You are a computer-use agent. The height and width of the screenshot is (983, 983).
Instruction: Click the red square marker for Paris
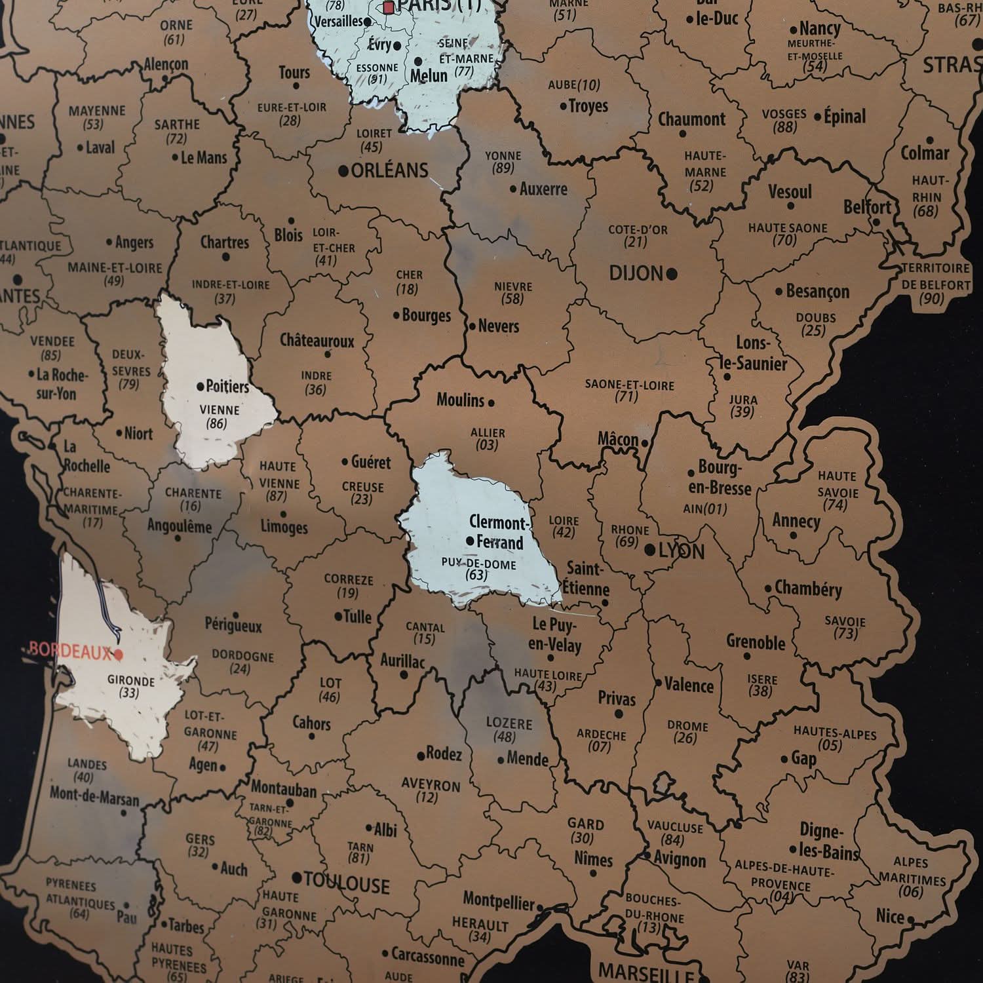(389, 8)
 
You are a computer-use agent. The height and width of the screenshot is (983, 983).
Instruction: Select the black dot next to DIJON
(671, 274)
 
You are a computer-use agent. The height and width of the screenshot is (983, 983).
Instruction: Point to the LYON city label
(682, 551)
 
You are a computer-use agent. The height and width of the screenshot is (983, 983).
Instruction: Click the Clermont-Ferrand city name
(498, 532)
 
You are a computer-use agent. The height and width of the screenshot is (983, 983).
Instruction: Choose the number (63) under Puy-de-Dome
(476, 575)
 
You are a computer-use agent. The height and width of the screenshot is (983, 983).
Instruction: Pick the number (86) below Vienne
(216, 423)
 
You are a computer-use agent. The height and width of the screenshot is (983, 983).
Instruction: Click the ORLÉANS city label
(389, 171)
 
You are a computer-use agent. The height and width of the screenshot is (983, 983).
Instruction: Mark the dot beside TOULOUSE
(297, 877)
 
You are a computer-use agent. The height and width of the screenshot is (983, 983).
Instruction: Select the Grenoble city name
(756, 642)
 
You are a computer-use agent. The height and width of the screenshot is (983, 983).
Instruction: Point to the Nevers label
(498, 326)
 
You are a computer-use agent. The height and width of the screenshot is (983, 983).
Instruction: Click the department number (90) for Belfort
(931, 299)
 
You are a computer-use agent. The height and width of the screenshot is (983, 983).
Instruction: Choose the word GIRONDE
(131, 680)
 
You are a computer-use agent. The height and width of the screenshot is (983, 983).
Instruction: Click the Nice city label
(890, 916)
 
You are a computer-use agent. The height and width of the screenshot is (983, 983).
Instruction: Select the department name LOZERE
(509, 723)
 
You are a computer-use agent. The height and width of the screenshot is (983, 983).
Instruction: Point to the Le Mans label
(203, 157)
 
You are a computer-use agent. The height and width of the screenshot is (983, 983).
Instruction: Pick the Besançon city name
(817, 292)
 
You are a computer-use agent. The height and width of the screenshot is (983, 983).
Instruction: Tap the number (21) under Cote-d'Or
(636, 242)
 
